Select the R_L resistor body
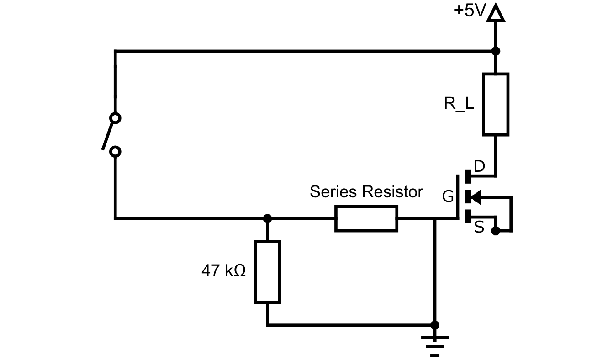click(496, 104)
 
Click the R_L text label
click(459, 103)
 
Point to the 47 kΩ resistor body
click(267, 272)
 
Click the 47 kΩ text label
click(223, 271)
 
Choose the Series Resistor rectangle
click(366, 219)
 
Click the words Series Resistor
click(366, 192)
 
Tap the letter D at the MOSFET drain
click(479, 167)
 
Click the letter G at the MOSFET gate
click(448, 197)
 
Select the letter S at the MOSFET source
click(479, 228)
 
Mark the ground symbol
click(435, 345)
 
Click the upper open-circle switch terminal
click(116, 118)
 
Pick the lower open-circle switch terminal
click(116, 151)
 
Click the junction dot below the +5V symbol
click(496, 51)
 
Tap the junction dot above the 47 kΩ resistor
click(268, 219)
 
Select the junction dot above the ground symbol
click(435, 325)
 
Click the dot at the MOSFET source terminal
click(496, 231)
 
